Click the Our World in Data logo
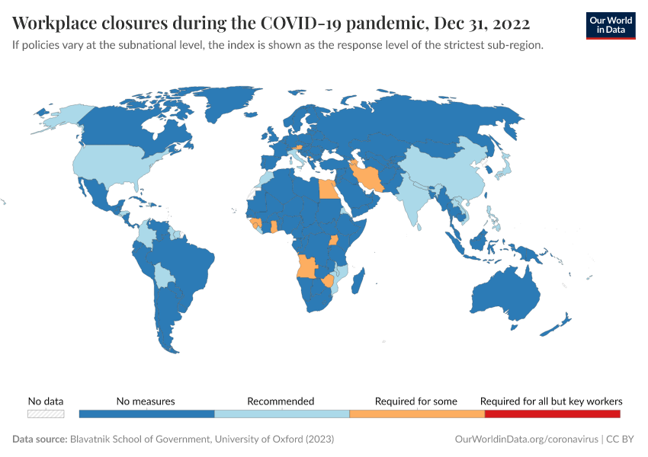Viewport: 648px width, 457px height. (x=610, y=25)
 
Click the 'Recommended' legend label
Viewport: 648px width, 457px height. (x=281, y=401)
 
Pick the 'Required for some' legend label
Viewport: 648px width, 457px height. (x=416, y=401)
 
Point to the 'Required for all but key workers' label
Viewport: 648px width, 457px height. (x=551, y=401)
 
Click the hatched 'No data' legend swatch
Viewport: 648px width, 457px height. (x=46, y=414)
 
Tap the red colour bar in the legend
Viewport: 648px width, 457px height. (x=552, y=414)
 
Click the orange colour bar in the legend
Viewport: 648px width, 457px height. (x=416, y=414)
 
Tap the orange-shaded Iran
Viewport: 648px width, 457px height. (x=369, y=177)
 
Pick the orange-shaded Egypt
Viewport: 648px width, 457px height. (x=327, y=188)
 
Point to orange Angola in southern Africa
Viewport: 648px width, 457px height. (x=307, y=266)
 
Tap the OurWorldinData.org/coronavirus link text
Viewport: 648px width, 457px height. (x=525, y=439)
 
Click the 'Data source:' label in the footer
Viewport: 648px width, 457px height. (x=40, y=439)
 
